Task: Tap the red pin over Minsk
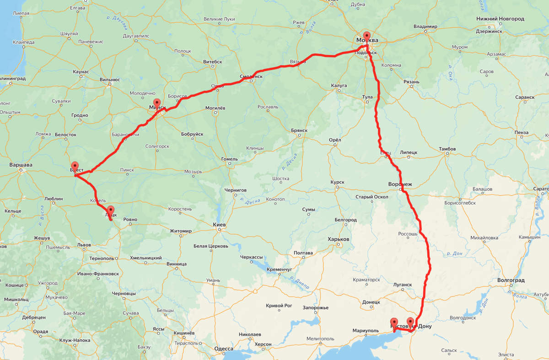[157, 103]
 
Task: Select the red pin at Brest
[75, 167]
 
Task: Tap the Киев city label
[219, 225]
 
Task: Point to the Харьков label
[339, 239]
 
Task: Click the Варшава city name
[21, 165]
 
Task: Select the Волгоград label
[511, 280]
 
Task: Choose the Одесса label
[224, 349]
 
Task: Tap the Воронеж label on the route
[400, 184]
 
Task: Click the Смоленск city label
[251, 76]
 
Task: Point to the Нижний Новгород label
[500, 19]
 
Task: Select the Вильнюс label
[110, 79]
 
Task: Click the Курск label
[337, 182]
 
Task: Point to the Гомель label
[229, 159]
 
